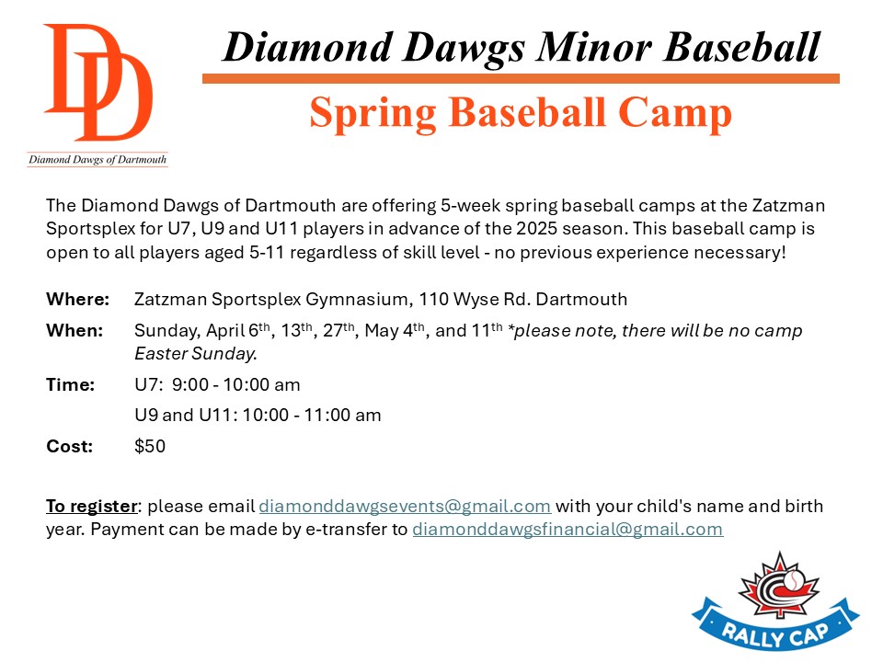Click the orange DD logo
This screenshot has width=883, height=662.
pos(98,82)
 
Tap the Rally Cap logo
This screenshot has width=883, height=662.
pos(776,601)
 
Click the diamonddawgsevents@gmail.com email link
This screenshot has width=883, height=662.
pos(405,506)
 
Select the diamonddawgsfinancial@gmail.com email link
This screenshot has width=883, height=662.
pos(568,530)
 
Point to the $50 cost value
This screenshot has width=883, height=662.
pos(150,446)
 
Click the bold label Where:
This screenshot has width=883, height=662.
pos(77,299)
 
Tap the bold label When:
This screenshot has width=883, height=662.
pos(75,330)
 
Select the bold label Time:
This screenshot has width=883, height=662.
pos(71,384)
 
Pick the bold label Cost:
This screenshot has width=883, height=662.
pos(69,446)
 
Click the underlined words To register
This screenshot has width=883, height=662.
pos(92,506)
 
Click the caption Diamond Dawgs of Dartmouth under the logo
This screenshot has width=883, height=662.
pos(97,159)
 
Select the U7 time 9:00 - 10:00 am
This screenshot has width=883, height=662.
pos(236,384)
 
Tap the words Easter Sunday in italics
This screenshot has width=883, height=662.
pos(195,353)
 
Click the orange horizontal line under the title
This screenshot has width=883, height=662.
pos(521,79)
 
